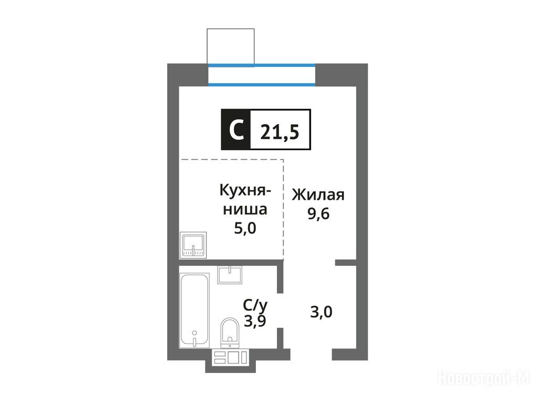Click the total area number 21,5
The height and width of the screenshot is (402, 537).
[280, 132]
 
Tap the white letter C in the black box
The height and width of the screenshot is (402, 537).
[237, 130]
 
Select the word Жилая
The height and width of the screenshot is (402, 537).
[318, 195]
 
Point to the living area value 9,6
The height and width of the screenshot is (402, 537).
[318, 214]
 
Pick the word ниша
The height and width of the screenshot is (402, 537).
[245, 209]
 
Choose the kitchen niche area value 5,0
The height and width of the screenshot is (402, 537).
[245, 228]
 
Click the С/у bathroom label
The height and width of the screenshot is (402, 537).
[255, 305]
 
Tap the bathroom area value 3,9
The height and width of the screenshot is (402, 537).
[255, 321]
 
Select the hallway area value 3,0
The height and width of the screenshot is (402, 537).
[321, 312]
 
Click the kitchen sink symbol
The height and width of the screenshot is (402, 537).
[193, 245]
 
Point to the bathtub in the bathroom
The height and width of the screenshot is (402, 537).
[195, 310]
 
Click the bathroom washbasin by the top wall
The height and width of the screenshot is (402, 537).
[230, 275]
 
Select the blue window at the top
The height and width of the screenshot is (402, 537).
[262, 74]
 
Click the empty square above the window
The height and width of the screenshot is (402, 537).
[231, 46]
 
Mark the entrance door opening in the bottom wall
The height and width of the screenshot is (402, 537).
[312, 354]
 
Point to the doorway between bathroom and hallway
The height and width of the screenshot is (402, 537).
[280, 310]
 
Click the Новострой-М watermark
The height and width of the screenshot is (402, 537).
[484, 378]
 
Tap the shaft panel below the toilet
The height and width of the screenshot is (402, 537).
[230, 357]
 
